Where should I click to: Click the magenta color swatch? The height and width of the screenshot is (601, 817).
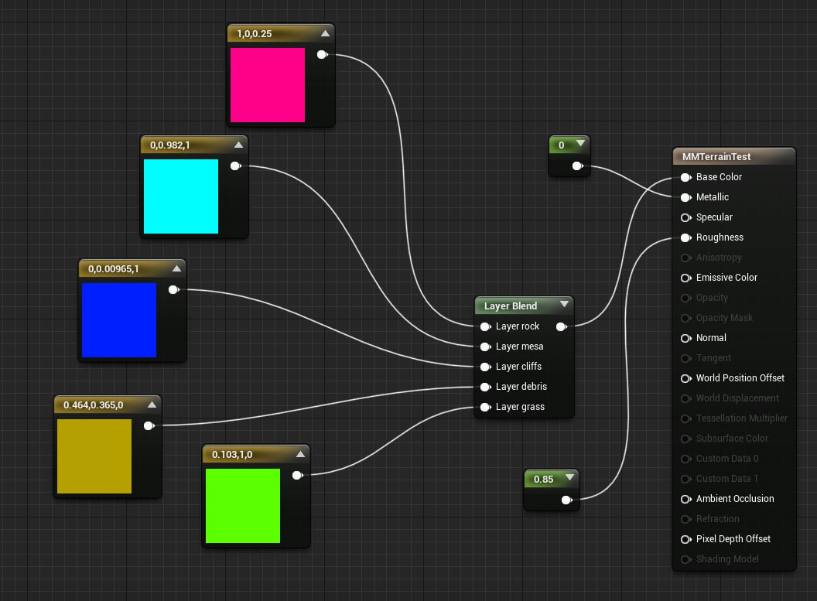click(267, 85)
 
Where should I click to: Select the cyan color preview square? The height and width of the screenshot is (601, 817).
click(181, 196)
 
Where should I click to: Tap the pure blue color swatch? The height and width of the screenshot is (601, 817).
click(119, 319)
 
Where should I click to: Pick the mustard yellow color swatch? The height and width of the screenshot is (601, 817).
click(94, 456)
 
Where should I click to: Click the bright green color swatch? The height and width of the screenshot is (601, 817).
click(243, 506)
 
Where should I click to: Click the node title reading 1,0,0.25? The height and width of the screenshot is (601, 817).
click(255, 34)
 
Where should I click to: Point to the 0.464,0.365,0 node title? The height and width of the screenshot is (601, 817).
click(94, 405)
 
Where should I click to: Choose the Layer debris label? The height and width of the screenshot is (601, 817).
click(521, 387)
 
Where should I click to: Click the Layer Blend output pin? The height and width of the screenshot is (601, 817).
click(561, 326)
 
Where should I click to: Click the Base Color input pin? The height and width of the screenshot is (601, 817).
click(686, 178)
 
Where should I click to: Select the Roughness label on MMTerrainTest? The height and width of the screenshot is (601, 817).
click(720, 237)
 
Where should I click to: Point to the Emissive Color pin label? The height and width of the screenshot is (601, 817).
click(726, 278)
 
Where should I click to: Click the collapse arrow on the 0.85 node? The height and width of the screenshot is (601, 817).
click(569, 477)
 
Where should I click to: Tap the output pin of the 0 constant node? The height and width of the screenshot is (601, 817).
click(577, 166)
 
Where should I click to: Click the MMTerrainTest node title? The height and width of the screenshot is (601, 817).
click(716, 157)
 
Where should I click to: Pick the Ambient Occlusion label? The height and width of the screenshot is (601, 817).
click(735, 498)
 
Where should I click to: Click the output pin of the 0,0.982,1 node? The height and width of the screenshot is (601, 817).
click(235, 166)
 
